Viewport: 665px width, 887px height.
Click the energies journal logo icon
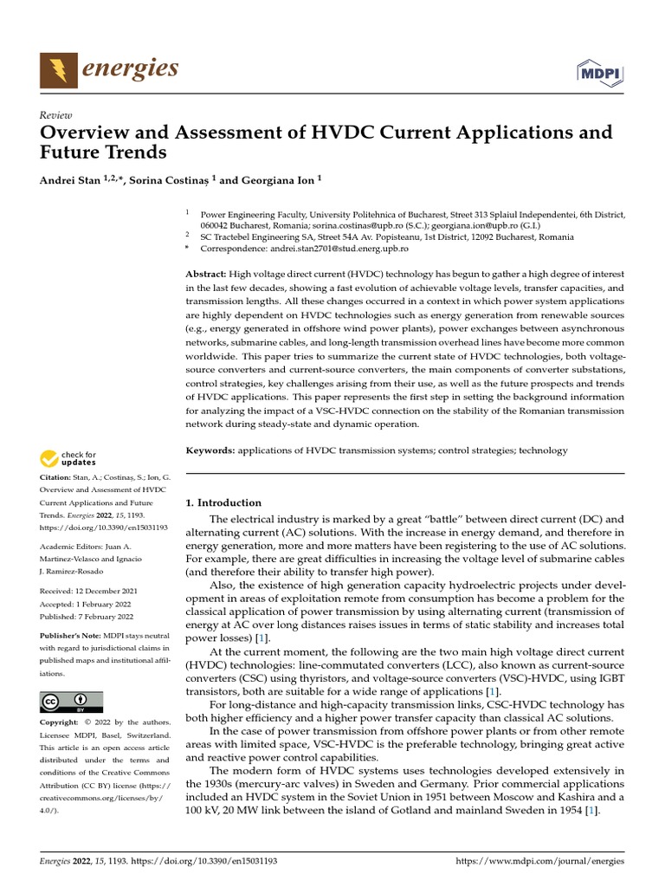(x=58, y=69)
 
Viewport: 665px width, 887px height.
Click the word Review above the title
(x=56, y=115)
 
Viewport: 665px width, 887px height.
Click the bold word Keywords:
(x=210, y=450)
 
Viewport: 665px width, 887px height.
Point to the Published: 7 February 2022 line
(x=87, y=617)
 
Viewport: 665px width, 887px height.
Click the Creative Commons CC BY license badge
(x=71, y=702)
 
